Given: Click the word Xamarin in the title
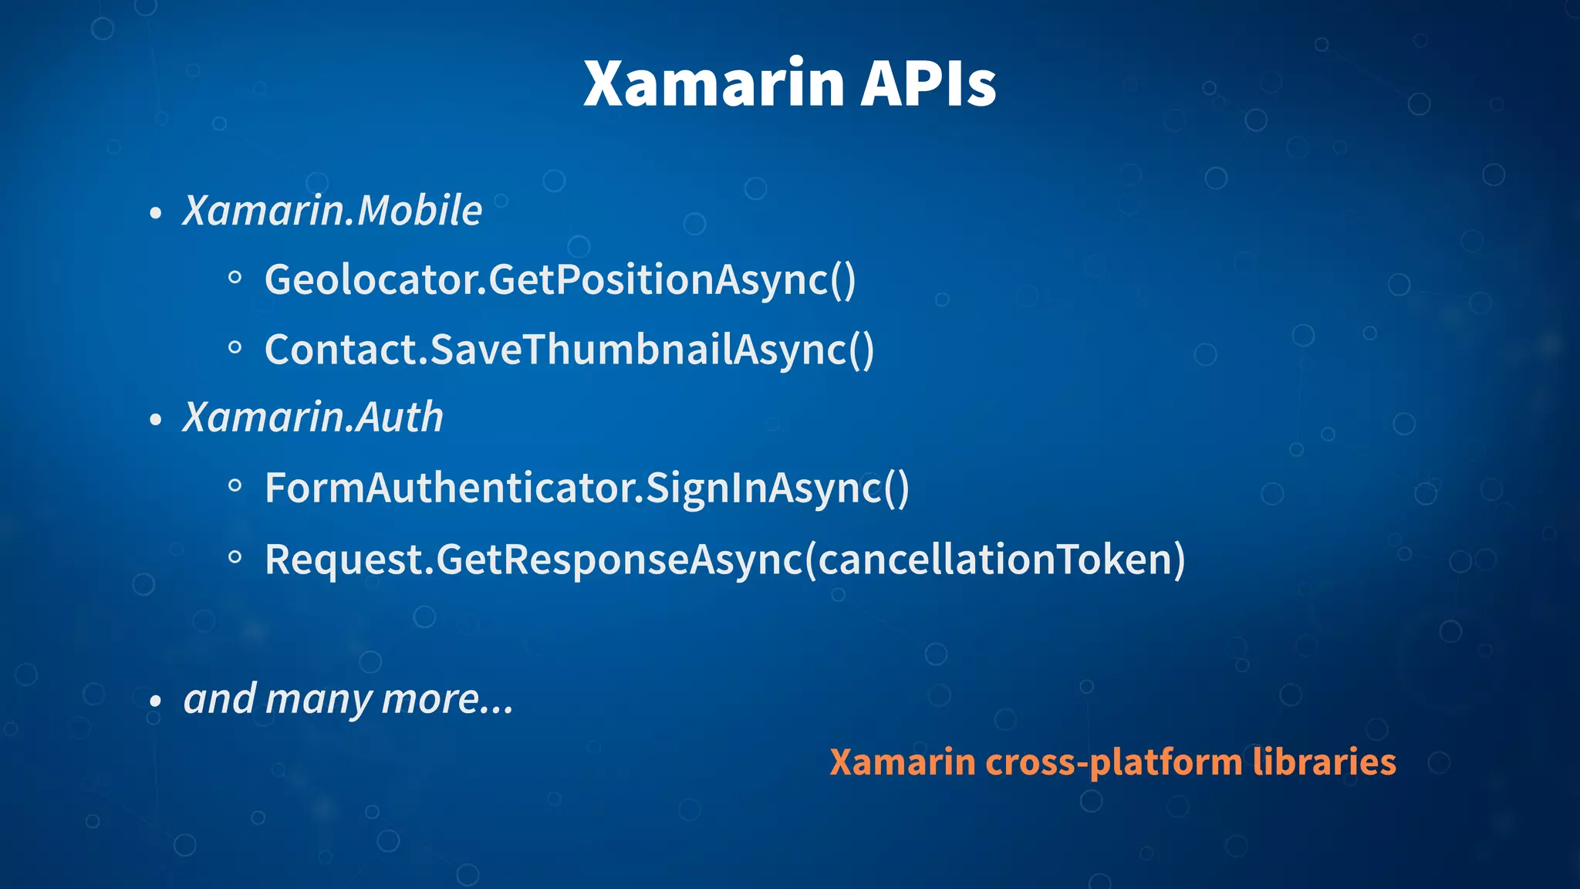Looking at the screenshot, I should (x=714, y=83).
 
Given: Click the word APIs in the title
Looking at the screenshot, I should (x=928, y=83).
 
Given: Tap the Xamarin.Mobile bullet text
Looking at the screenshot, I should (x=333, y=211).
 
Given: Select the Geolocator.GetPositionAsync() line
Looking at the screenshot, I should (x=560, y=279).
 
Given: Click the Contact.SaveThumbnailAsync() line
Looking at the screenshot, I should (x=569, y=350).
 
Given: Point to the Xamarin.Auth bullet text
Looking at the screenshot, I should (x=313, y=417).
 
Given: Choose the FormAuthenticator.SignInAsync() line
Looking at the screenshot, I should (x=587, y=488).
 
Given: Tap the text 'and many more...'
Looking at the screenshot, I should (x=348, y=699).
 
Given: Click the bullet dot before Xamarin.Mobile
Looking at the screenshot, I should (x=156, y=214).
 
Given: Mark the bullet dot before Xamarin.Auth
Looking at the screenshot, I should (x=156, y=421).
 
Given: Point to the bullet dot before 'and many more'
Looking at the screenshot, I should (x=156, y=702).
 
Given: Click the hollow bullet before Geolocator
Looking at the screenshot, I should (x=235, y=278).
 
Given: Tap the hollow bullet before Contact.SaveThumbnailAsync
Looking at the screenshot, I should (x=235, y=348).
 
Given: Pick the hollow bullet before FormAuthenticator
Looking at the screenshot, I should (x=235, y=486).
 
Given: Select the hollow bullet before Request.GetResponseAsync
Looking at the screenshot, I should (x=235, y=557).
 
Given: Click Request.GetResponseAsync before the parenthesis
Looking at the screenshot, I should (x=534, y=559).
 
